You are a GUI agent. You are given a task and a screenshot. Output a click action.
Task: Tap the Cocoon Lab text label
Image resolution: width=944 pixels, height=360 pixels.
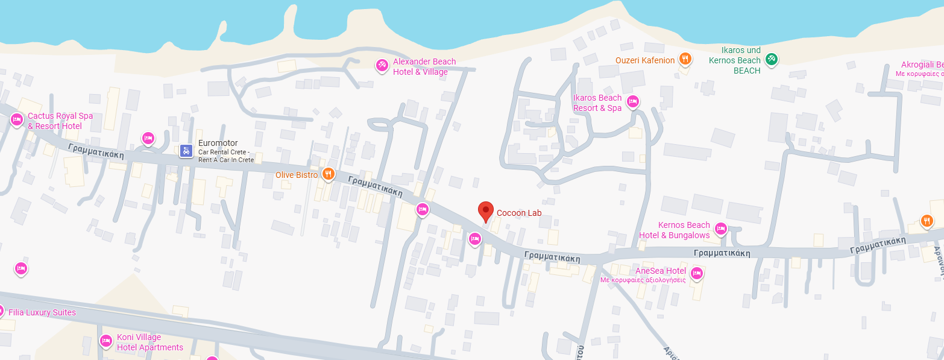[x=519, y=213]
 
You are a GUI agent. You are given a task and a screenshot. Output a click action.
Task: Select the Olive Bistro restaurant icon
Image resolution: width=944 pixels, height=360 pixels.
[x=329, y=175]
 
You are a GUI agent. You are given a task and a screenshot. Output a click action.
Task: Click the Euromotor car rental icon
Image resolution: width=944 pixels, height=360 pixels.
[x=187, y=151]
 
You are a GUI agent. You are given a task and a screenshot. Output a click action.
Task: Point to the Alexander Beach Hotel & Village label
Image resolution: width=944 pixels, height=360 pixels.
[x=424, y=67]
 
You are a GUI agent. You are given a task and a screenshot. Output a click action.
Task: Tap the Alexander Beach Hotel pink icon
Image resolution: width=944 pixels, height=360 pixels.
[x=382, y=65]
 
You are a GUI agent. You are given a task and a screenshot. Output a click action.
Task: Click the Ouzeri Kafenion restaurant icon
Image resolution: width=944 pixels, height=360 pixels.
[x=685, y=59]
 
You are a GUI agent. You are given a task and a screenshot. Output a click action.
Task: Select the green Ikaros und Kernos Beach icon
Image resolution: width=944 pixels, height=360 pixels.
[x=771, y=59]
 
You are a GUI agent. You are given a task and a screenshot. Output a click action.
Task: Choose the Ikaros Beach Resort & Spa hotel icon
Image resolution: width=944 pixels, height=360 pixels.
[x=633, y=101]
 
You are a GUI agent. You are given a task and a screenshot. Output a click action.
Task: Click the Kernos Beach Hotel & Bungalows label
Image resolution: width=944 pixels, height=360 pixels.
[x=675, y=230]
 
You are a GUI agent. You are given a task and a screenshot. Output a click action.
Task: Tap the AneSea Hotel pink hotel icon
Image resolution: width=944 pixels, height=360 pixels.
[x=697, y=273]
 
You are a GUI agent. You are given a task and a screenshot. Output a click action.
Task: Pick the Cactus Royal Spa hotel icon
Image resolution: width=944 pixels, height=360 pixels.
[x=17, y=121]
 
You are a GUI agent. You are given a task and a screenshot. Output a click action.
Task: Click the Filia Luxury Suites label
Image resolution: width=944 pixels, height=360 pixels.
[x=42, y=312]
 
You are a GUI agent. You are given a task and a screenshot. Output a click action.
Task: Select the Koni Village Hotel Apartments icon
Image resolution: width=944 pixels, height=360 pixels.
[x=106, y=341]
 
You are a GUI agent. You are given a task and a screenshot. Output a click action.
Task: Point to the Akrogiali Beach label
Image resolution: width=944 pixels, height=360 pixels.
[x=922, y=65]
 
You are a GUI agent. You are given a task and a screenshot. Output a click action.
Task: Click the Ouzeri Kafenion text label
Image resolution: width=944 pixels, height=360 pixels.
[x=645, y=60]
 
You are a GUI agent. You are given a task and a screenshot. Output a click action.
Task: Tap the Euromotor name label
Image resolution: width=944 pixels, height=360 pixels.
[x=218, y=143]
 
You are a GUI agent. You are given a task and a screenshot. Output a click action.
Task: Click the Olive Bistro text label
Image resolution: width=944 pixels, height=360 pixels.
[x=297, y=175]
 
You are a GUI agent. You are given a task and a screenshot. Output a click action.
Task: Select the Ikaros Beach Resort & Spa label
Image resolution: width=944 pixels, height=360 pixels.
[x=597, y=103]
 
